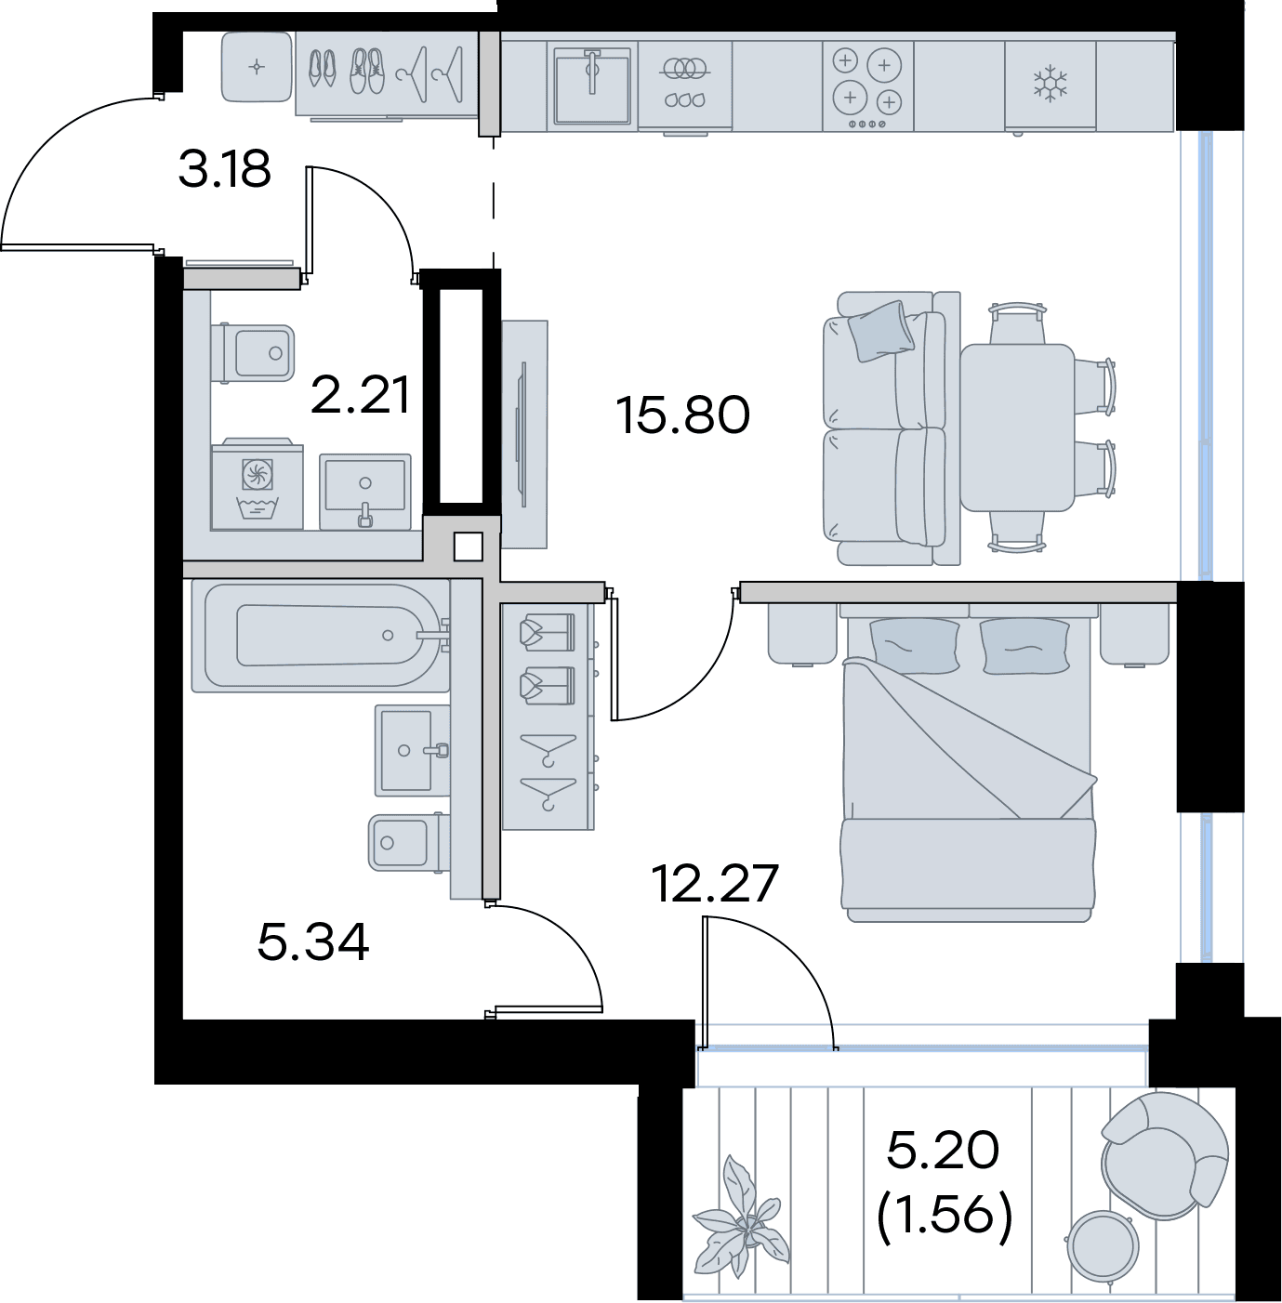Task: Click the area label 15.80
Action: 682,415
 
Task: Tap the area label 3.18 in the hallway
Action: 225,169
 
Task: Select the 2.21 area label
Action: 360,396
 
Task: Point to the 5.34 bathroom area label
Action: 313,943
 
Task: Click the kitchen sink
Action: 592,86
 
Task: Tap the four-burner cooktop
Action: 868,86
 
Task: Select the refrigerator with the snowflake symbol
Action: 1050,86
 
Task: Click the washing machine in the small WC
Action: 257,484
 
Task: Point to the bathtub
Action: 322,636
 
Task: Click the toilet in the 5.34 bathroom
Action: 409,843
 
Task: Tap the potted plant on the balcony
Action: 740,1215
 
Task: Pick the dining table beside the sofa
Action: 1017,428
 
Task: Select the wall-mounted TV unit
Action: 524,433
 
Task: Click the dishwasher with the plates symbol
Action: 684,86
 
